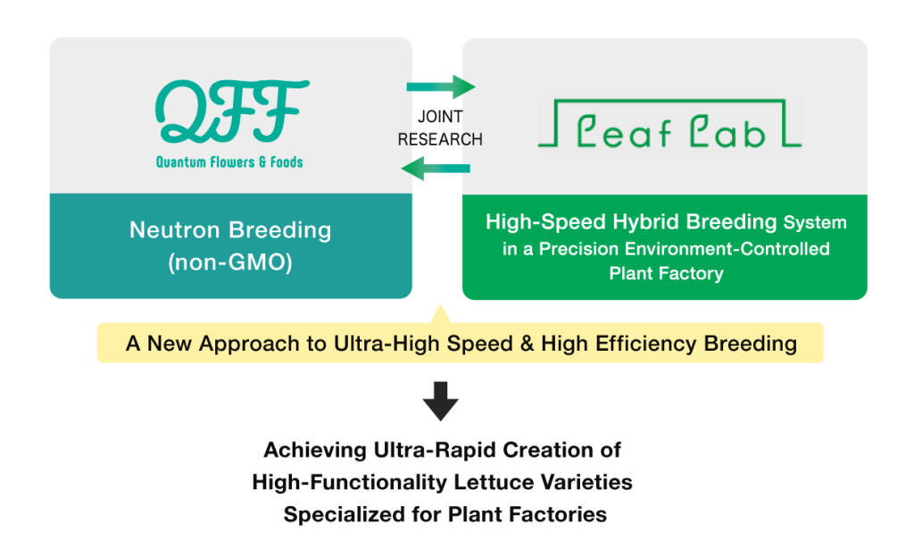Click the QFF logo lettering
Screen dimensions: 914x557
231,111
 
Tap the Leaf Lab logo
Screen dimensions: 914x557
669,123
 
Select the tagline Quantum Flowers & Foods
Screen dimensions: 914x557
229,162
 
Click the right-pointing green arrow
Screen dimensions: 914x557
441,87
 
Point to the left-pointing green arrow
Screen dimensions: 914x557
436,169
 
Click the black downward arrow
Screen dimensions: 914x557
441,402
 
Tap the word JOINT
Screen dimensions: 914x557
440,117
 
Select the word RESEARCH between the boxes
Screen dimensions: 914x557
440,140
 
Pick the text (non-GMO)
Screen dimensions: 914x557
230,262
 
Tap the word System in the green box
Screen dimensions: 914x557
815,222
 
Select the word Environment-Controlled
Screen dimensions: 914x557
727,249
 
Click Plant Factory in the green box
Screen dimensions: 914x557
666,273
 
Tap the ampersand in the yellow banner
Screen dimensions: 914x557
527,343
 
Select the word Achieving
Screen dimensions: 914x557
315,451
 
